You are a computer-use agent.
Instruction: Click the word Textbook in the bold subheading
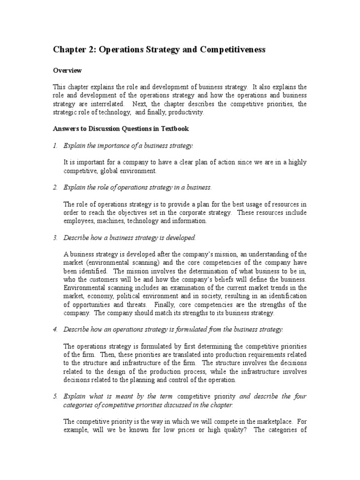click(x=175, y=128)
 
